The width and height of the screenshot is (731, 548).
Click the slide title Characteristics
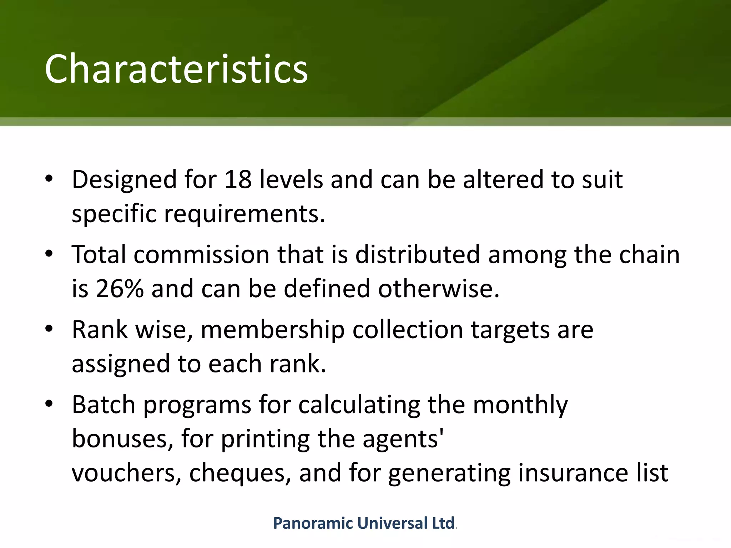pyautogui.click(x=176, y=68)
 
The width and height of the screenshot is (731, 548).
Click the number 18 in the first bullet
pyautogui.click(x=238, y=179)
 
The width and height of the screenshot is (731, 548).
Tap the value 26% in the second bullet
pyautogui.click(x=120, y=288)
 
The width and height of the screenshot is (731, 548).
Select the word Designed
pyautogui.click(x=124, y=179)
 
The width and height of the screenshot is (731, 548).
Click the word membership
pyautogui.click(x=273, y=330)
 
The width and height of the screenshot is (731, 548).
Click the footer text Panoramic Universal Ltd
pyautogui.click(x=364, y=523)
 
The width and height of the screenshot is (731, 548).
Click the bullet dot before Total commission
pyautogui.click(x=49, y=254)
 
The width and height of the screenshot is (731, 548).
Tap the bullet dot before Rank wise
pyautogui.click(x=49, y=329)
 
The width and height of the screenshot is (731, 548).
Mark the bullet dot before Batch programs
pyautogui.click(x=49, y=404)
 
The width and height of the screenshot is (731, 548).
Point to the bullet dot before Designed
pyautogui.click(x=49, y=178)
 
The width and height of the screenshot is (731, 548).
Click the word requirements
pyautogui.click(x=244, y=214)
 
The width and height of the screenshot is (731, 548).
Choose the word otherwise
pyautogui.click(x=438, y=288)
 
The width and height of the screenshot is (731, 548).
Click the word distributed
pyautogui.click(x=417, y=255)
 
